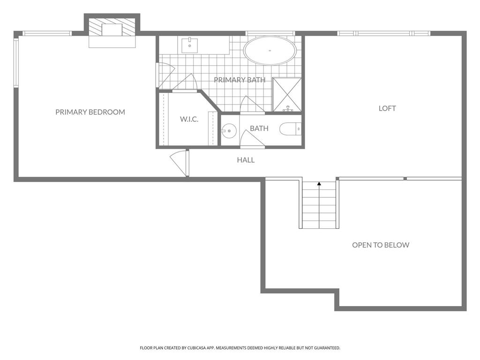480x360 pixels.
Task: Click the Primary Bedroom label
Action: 90,112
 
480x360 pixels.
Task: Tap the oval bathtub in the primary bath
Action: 270,51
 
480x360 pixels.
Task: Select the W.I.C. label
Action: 189,119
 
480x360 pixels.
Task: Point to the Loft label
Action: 387,108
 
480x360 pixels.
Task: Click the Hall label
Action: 246,160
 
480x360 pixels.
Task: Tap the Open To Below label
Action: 381,245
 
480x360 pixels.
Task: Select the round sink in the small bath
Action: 229,131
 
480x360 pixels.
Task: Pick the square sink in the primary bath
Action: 190,45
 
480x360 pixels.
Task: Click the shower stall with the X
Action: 287,95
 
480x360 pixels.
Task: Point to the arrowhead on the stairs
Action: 319,184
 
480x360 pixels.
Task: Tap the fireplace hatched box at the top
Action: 112,27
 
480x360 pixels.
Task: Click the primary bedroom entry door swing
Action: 179,163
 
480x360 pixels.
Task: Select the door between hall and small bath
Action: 252,139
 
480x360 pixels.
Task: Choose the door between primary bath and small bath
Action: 252,105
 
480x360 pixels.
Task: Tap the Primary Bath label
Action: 240,80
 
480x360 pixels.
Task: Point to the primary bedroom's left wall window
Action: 16,62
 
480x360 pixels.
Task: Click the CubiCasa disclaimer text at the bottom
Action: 240,348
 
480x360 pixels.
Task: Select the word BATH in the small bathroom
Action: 259,128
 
